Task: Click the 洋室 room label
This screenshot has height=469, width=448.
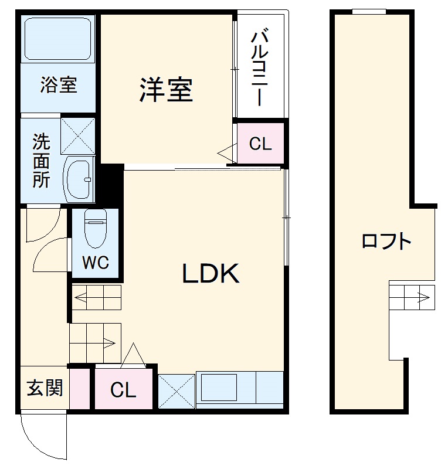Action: click(x=166, y=90)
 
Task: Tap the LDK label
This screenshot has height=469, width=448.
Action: click(x=211, y=273)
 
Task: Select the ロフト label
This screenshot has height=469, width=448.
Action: click(x=386, y=241)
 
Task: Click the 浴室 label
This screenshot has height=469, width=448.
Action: click(x=59, y=85)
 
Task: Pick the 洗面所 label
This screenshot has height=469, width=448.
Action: click(x=41, y=161)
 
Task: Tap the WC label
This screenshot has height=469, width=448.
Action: click(x=95, y=262)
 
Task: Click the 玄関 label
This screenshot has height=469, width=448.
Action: click(x=45, y=388)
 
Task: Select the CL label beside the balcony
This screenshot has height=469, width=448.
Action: click(x=260, y=144)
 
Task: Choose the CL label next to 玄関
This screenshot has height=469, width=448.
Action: click(x=123, y=390)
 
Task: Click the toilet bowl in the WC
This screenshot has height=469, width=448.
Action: click(x=95, y=229)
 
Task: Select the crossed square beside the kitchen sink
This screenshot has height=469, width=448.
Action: click(x=176, y=390)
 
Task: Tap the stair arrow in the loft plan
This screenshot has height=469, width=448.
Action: click(x=421, y=295)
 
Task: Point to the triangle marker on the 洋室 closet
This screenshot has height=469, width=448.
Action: click(x=225, y=154)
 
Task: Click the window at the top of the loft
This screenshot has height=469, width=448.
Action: click(x=369, y=11)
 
